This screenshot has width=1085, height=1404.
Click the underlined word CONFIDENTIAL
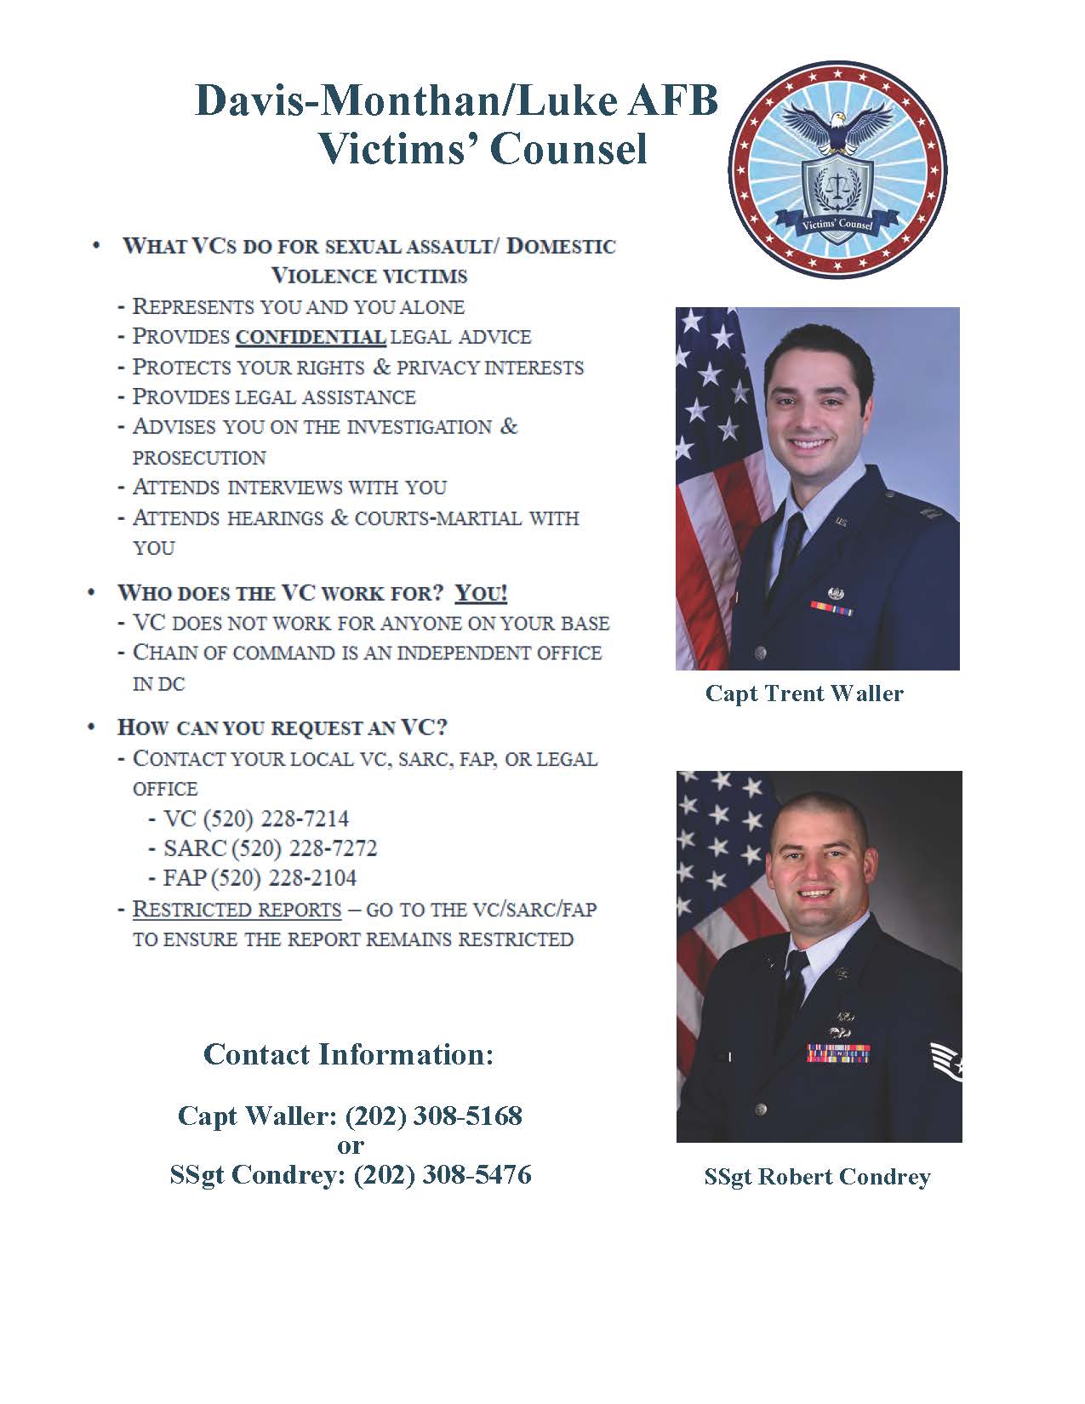tap(311, 337)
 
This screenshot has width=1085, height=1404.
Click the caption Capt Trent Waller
tap(804, 693)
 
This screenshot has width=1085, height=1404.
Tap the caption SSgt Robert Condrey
tap(817, 1177)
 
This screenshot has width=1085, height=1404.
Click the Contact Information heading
tap(348, 1054)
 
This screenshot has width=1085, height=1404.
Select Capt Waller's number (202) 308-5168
tap(433, 1116)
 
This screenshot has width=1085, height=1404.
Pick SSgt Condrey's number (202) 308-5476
tap(443, 1175)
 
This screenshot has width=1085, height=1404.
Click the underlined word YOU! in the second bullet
tap(482, 593)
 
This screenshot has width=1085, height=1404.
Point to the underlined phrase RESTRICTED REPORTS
tap(237, 909)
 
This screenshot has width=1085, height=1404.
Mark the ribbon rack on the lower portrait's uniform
tap(838, 1053)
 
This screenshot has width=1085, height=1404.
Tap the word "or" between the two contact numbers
tap(351, 1145)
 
